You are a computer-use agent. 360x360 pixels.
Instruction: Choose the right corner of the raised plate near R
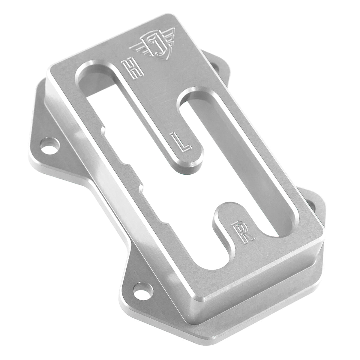click(322, 233)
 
